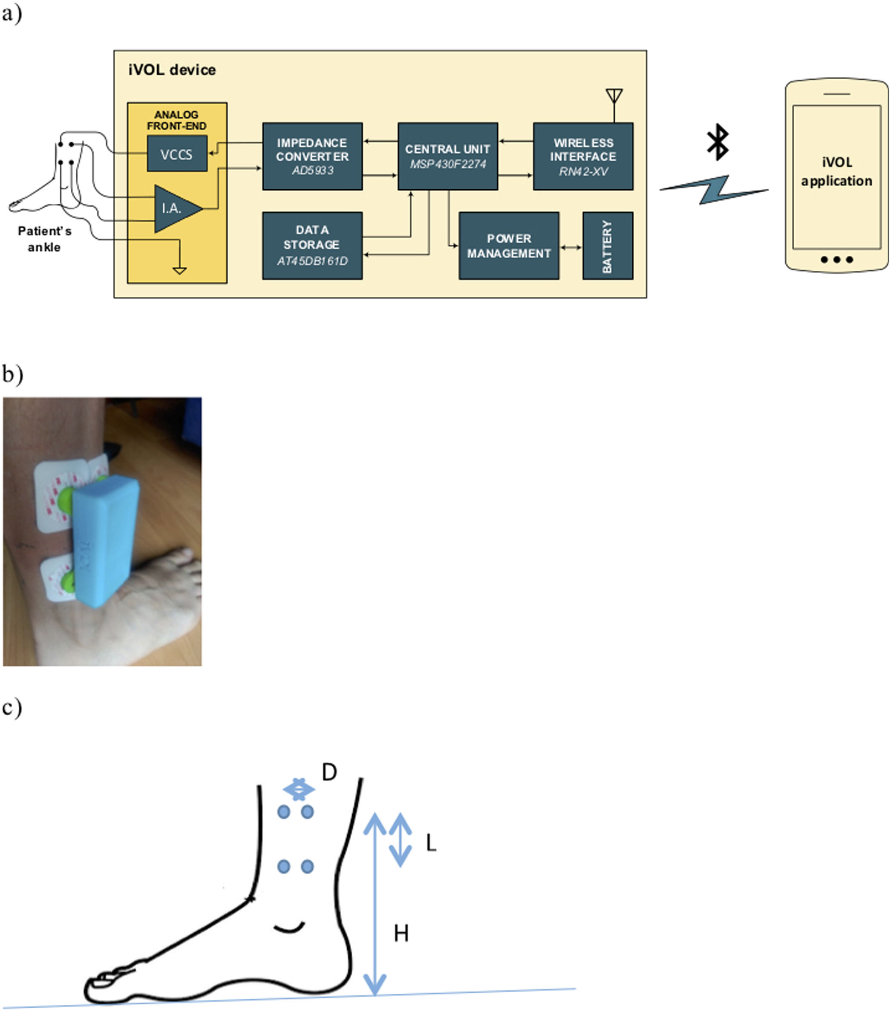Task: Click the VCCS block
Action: tap(177, 154)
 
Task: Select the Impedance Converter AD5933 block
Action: tap(312, 156)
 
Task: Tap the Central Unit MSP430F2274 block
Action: tap(447, 156)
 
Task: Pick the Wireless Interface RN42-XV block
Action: tap(582, 156)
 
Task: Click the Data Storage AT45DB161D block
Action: tap(312, 246)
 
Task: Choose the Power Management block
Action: tap(508, 246)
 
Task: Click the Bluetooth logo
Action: tap(717, 142)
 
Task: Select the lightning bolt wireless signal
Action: tap(714, 189)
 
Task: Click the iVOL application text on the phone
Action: tap(836, 171)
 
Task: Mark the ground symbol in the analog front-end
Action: tap(179, 270)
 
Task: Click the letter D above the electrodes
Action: tap(329, 772)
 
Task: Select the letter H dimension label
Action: tap(401, 933)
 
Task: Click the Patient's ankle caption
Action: tap(45, 239)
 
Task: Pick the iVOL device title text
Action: tap(172, 70)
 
